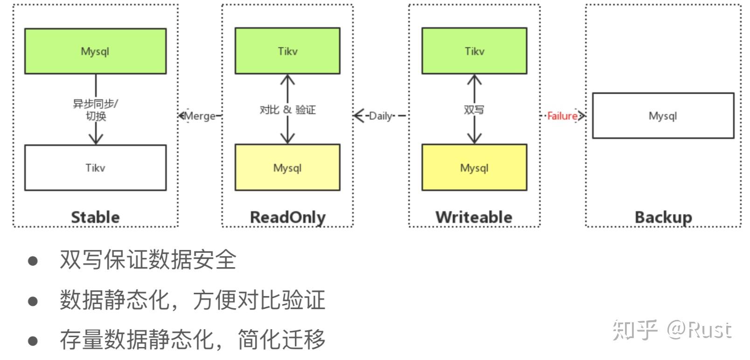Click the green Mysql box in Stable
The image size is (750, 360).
pyautogui.click(x=95, y=51)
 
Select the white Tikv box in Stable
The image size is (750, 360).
pyautogui.click(x=95, y=168)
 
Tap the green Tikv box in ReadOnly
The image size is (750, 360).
pyautogui.click(x=287, y=51)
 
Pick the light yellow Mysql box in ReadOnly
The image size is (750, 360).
pyautogui.click(x=287, y=168)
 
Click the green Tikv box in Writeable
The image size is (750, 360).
pyautogui.click(x=474, y=51)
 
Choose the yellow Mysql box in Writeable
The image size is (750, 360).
pyautogui.click(x=474, y=168)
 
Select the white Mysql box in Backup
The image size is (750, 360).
pyautogui.click(x=663, y=116)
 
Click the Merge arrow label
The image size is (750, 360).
pyautogui.click(x=200, y=116)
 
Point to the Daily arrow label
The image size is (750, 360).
pyautogui.click(x=381, y=116)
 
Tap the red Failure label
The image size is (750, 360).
pyautogui.click(x=562, y=116)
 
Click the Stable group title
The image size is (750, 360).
pyautogui.click(x=95, y=217)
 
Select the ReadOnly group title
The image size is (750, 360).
pyautogui.click(x=287, y=217)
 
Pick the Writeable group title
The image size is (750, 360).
pyautogui.click(x=473, y=217)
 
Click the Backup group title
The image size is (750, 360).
pyautogui.click(x=663, y=217)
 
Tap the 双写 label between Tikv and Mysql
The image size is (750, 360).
pyautogui.click(x=474, y=110)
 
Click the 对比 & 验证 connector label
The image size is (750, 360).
pyautogui.click(x=287, y=110)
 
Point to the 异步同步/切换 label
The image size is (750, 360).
pyautogui.click(x=95, y=110)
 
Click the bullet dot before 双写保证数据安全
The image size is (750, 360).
pyautogui.click(x=33, y=260)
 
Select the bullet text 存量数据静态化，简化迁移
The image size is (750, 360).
pyautogui.click(x=192, y=339)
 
